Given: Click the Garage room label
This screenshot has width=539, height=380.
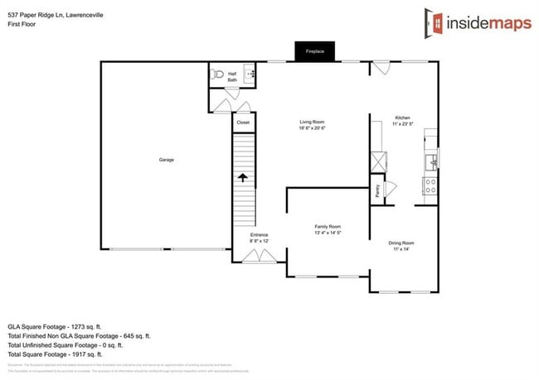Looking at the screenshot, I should tap(166, 159).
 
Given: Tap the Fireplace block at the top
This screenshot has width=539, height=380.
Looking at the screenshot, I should tap(314, 51).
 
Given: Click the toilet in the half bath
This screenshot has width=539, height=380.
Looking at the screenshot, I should tap(217, 75).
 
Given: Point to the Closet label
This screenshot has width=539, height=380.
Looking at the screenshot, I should tap(243, 123).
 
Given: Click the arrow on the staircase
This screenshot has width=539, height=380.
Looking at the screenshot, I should tap(243, 177).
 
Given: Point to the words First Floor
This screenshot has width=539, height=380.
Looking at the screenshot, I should tap(22, 24).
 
